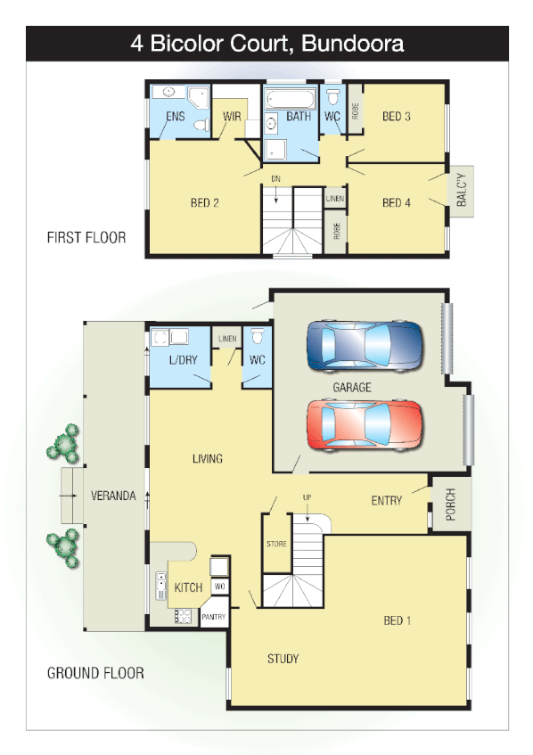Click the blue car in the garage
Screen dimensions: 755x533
tap(363, 345)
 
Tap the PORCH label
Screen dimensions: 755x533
tap(450, 505)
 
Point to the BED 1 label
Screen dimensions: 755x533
tap(398, 620)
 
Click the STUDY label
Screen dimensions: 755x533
tap(283, 659)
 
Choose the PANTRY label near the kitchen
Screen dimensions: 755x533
tap(214, 617)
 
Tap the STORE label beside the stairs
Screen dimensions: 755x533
tap(276, 543)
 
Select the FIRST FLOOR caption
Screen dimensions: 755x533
tap(86, 238)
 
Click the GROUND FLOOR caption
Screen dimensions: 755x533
tap(95, 673)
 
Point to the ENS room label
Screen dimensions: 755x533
tap(176, 117)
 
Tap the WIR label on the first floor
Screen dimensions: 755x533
tap(232, 117)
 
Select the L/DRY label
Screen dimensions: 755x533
tap(183, 361)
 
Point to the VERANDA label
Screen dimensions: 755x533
tap(113, 496)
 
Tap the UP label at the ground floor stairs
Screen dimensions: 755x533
tap(307, 496)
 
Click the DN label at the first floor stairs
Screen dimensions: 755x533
tap(276, 179)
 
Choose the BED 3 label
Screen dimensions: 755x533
tap(397, 117)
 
